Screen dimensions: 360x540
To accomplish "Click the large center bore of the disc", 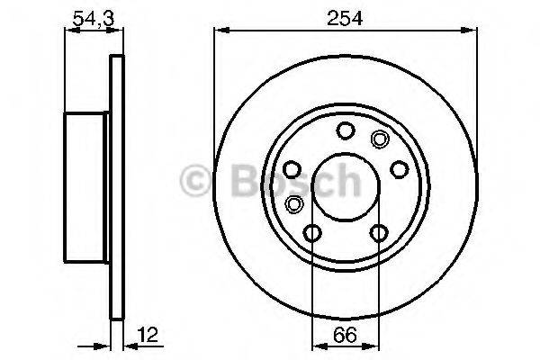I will [345, 184].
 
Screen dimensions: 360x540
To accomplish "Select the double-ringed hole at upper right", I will [379, 139].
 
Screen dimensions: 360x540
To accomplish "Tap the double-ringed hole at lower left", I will [294, 203].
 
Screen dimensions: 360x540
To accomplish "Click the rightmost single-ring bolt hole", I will [397, 171].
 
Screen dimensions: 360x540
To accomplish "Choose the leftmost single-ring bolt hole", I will [292, 169].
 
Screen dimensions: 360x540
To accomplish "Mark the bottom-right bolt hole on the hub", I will [378, 234].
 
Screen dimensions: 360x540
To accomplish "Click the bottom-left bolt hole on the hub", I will [312, 234].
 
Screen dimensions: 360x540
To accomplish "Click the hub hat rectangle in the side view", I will [87, 186].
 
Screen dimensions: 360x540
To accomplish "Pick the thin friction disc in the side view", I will [115, 186].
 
